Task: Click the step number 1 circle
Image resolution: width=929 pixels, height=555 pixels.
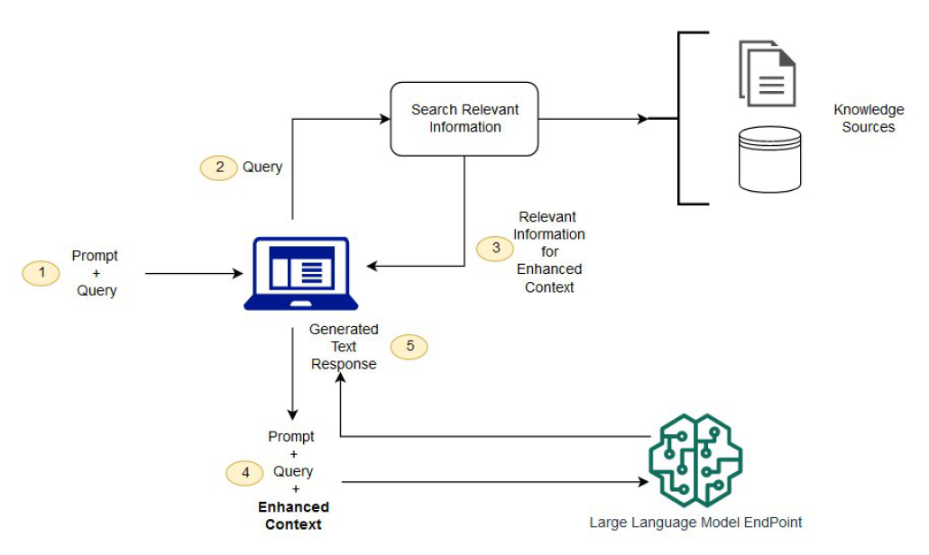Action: [x=41, y=273]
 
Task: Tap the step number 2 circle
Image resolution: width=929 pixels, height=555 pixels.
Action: [x=218, y=168]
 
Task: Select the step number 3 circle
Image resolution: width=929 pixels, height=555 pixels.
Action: [x=495, y=249]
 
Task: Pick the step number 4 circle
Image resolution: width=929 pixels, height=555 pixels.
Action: [x=244, y=473]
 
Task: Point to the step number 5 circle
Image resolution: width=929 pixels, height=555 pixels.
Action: [x=409, y=346]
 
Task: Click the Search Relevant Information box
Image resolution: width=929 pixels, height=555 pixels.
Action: [x=464, y=119]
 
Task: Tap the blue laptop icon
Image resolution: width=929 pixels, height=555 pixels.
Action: [x=301, y=273]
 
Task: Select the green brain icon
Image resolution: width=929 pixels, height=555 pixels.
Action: [x=695, y=459]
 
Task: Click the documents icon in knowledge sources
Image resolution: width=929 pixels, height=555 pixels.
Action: [x=768, y=73]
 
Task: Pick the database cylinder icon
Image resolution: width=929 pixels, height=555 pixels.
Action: [x=769, y=159]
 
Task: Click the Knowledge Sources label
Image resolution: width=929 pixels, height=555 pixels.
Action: [x=869, y=118]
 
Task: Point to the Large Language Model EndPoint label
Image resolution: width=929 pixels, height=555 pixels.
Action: [x=695, y=523]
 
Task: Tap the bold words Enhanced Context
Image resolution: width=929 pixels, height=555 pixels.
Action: [x=293, y=515]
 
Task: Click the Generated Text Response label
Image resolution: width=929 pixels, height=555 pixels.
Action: [x=344, y=346]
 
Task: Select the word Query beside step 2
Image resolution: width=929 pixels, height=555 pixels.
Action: [x=262, y=167]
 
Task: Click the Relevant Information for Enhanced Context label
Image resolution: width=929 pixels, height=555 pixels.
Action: [x=548, y=251]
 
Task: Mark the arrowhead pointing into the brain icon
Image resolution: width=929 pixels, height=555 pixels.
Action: [x=644, y=482]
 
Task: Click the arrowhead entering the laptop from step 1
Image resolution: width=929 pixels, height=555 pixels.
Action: [x=237, y=273]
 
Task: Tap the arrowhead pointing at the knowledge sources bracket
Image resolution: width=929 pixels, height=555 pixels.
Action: [x=642, y=119]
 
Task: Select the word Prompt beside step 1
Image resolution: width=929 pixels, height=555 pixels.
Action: [x=95, y=256]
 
